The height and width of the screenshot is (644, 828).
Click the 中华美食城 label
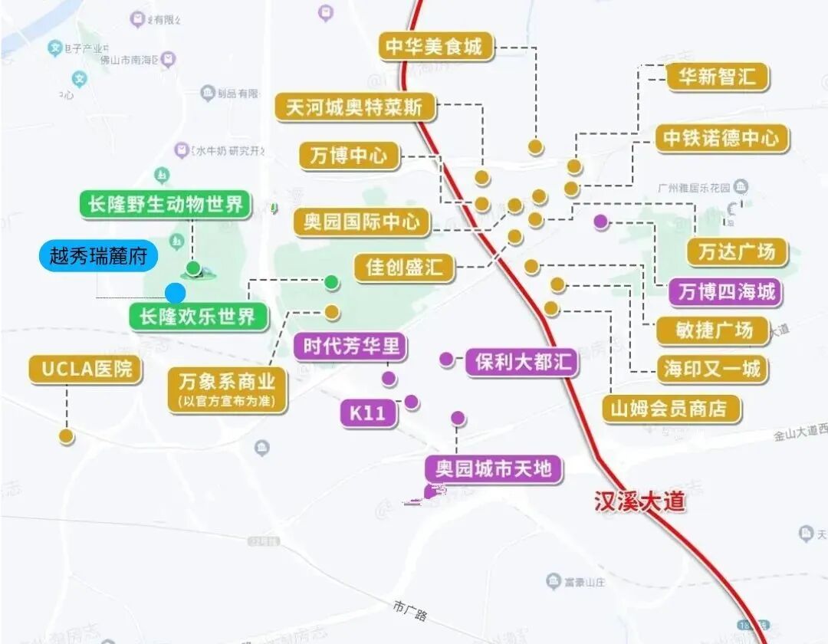(x=435, y=47)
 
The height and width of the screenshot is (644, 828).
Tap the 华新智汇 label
(x=717, y=77)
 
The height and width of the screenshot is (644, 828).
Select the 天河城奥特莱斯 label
(x=354, y=107)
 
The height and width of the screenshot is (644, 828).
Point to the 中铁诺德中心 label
(x=721, y=138)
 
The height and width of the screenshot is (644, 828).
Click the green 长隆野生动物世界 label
(x=166, y=204)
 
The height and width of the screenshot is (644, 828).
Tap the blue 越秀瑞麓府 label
(x=98, y=256)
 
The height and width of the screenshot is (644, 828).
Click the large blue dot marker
(x=175, y=292)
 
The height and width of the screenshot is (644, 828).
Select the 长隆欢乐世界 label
(x=198, y=316)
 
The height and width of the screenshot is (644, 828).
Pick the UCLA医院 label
(x=87, y=370)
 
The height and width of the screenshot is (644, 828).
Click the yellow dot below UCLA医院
(x=67, y=435)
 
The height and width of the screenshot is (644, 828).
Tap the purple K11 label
(x=368, y=413)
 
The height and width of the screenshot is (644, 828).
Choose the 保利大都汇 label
(x=522, y=362)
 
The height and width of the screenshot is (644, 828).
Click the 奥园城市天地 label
(x=494, y=468)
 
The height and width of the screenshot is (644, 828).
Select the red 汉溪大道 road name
(x=639, y=501)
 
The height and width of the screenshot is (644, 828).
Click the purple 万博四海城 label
(x=726, y=291)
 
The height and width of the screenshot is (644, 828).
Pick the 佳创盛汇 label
(x=404, y=268)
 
